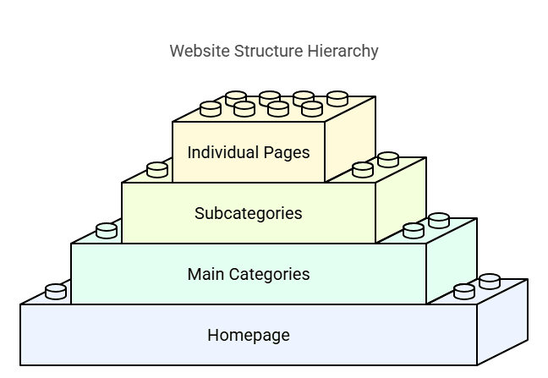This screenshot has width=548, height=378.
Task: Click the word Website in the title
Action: pyautogui.click(x=196, y=52)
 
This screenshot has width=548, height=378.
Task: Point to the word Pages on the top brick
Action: pyautogui.click(x=286, y=153)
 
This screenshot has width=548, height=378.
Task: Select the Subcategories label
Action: pyautogui.click(x=248, y=213)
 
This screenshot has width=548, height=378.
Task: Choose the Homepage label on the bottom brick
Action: pyautogui.click(x=248, y=335)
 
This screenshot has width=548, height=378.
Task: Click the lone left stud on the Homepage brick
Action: pyautogui.click(x=56, y=291)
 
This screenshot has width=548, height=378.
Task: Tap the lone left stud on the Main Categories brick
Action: pyautogui.click(x=107, y=230)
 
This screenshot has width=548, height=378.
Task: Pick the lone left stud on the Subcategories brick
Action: pyautogui.click(x=157, y=169)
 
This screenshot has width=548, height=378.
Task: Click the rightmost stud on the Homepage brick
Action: pyautogui.click(x=490, y=281)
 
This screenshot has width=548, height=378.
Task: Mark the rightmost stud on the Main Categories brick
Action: pyautogui.click(x=439, y=220)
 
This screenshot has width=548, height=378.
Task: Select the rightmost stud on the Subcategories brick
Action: pyautogui.click(x=388, y=159)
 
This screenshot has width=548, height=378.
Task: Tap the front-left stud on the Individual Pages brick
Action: pyautogui.click(x=211, y=108)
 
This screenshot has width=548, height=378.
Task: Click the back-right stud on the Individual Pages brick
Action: pyautogui.click(x=337, y=98)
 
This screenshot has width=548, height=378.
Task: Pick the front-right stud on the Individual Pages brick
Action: pyautogui.click(x=312, y=108)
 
